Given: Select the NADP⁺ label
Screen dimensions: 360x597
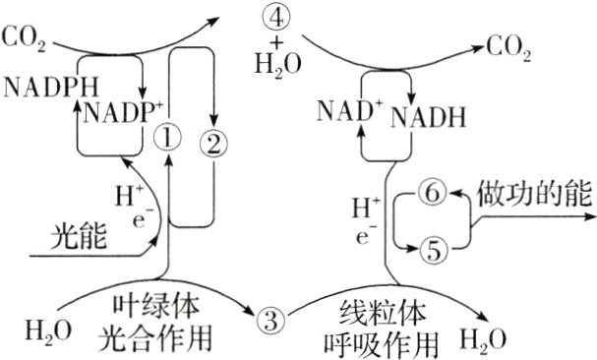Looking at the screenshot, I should click(x=123, y=112).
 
